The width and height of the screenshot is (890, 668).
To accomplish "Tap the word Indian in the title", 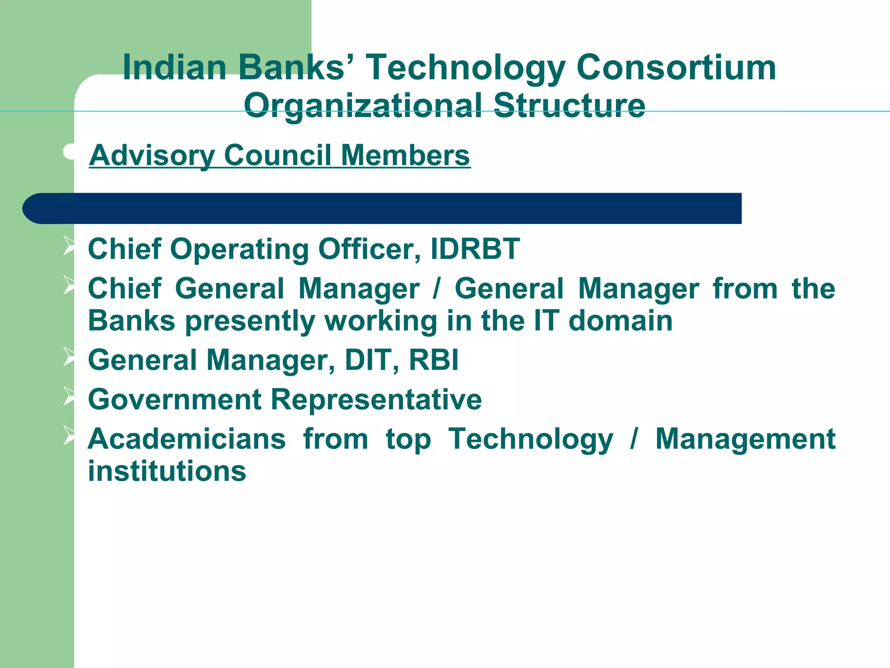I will tap(175, 68).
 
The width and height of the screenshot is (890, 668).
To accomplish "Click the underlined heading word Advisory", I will tap(152, 156).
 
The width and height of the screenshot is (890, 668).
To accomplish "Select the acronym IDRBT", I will tap(475, 249).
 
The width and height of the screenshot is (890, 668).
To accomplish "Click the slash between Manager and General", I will tap(436, 289).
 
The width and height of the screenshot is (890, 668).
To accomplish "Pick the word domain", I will tap(621, 321).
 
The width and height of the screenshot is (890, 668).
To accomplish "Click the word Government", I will tap(175, 400).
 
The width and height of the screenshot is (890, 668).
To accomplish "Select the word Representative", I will tap(376, 400).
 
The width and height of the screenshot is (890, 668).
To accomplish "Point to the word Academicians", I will tap(187, 439).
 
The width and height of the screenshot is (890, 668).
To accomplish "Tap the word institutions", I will tap(167, 471).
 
